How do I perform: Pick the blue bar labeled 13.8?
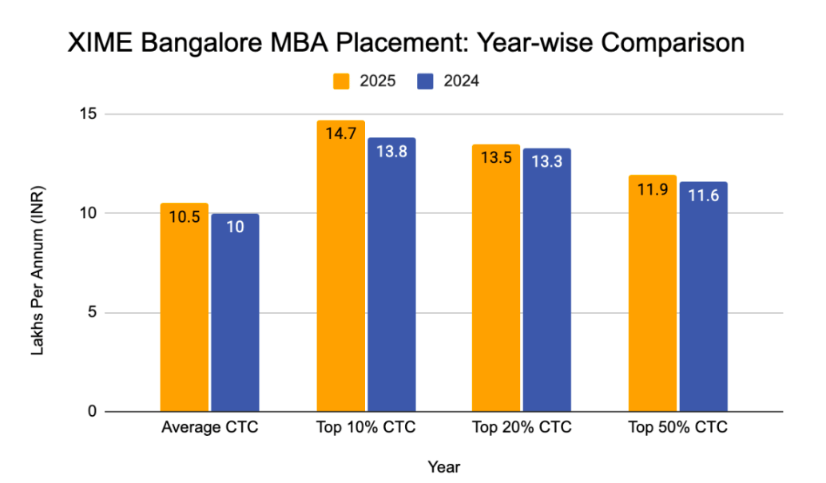(x=391, y=275)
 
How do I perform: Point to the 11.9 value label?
(x=653, y=192)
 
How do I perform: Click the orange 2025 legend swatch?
(x=340, y=81)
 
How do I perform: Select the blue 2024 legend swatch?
(x=425, y=81)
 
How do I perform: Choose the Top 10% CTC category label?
(x=365, y=427)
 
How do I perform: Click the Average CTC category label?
(x=209, y=427)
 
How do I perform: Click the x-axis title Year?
(x=443, y=465)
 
